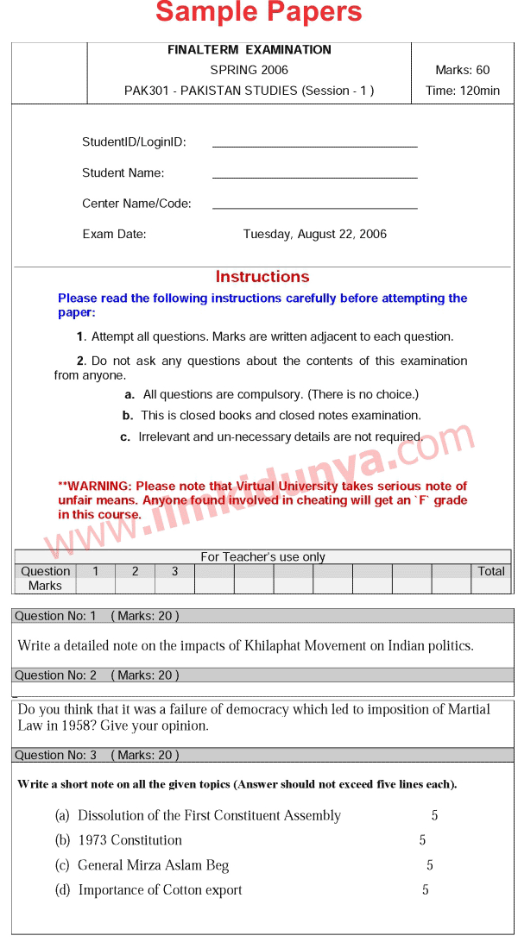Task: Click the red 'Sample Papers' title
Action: point(258,14)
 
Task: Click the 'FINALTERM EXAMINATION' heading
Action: point(250,50)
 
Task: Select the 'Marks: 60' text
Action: point(463,70)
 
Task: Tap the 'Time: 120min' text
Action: point(463,91)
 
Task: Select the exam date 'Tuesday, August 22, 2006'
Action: point(314,234)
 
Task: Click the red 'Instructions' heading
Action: point(262,277)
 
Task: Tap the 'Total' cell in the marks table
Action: point(491,571)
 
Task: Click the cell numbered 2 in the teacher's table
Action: point(135,571)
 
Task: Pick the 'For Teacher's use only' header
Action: point(262,557)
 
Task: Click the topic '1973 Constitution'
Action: point(129,840)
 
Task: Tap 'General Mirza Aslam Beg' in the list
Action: point(153,865)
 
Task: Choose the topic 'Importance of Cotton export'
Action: point(160,890)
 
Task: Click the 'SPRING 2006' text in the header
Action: point(250,70)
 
